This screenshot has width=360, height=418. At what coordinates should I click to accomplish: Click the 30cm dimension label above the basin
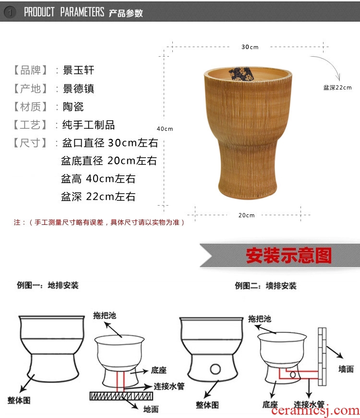tap(250, 47)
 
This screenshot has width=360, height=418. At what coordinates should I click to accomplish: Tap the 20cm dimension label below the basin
tap(246, 215)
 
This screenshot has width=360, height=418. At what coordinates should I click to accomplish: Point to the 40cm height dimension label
tap(165, 129)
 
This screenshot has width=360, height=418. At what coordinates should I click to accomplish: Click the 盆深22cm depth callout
tap(337, 87)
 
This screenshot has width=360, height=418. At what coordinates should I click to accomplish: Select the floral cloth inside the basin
tap(240, 74)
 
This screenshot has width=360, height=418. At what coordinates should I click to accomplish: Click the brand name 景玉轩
tap(78, 70)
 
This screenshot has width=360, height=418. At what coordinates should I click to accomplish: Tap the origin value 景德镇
tap(78, 88)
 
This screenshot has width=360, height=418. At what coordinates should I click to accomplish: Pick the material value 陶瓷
tap(73, 107)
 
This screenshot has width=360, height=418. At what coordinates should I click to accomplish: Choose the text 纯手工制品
tap(88, 125)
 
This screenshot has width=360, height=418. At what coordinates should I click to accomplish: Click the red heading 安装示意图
tap(288, 256)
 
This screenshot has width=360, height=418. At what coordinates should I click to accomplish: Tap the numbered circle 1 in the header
tap(10, 12)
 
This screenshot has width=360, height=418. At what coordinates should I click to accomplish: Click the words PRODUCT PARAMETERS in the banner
tap(64, 12)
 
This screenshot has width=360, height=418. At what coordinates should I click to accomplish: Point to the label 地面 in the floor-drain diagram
tap(151, 409)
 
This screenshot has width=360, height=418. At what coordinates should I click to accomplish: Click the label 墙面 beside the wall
tap(346, 369)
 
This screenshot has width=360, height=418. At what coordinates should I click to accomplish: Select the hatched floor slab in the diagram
tap(121, 396)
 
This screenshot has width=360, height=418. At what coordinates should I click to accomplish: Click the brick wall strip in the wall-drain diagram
tap(322, 357)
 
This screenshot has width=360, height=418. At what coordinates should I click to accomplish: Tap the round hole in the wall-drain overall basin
tap(215, 369)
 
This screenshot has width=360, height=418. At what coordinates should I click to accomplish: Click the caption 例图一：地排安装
tap(48, 285)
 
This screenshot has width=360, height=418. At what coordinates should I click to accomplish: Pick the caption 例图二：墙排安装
tap(265, 286)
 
